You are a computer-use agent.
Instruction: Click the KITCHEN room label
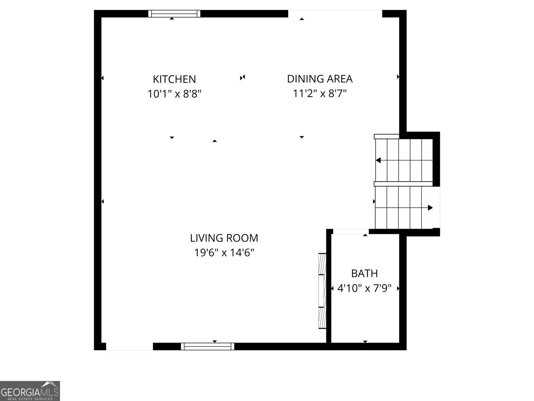(x=174, y=79)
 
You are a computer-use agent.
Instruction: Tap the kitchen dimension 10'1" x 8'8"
(x=174, y=94)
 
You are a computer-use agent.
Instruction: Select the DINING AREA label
(x=320, y=79)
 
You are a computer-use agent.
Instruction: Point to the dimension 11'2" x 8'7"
(x=320, y=94)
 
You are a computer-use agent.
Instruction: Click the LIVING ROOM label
(x=224, y=238)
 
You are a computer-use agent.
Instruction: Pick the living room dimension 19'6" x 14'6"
(x=224, y=253)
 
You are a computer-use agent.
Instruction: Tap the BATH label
(x=364, y=273)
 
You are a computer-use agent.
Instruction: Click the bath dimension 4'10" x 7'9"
(x=364, y=288)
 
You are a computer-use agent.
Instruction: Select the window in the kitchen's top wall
(x=174, y=14)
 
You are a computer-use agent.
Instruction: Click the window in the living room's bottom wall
(x=208, y=347)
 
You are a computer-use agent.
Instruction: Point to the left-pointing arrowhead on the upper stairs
(x=378, y=160)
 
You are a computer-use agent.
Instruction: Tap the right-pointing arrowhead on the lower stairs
(x=430, y=208)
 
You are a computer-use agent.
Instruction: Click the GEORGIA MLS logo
(x=30, y=391)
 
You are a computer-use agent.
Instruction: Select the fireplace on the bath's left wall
(x=322, y=291)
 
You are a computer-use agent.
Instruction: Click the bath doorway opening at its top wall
(x=351, y=232)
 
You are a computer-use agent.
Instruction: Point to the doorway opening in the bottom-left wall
(x=129, y=347)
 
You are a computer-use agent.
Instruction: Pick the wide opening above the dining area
(x=335, y=14)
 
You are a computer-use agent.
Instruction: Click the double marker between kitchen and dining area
(x=243, y=78)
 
